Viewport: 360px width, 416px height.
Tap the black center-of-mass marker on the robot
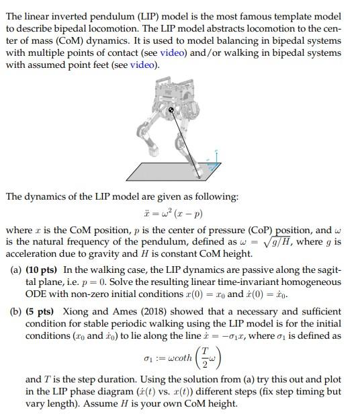pyautogui.click(x=171, y=109)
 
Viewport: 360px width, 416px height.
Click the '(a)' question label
pyautogui.click(x=15, y=270)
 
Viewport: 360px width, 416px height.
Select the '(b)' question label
pyautogui.click(x=15, y=312)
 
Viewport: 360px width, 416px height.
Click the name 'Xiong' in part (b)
pyautogui.click(x=74, y=312)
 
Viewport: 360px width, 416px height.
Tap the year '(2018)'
pyautogui.click(x=138, y=312)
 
